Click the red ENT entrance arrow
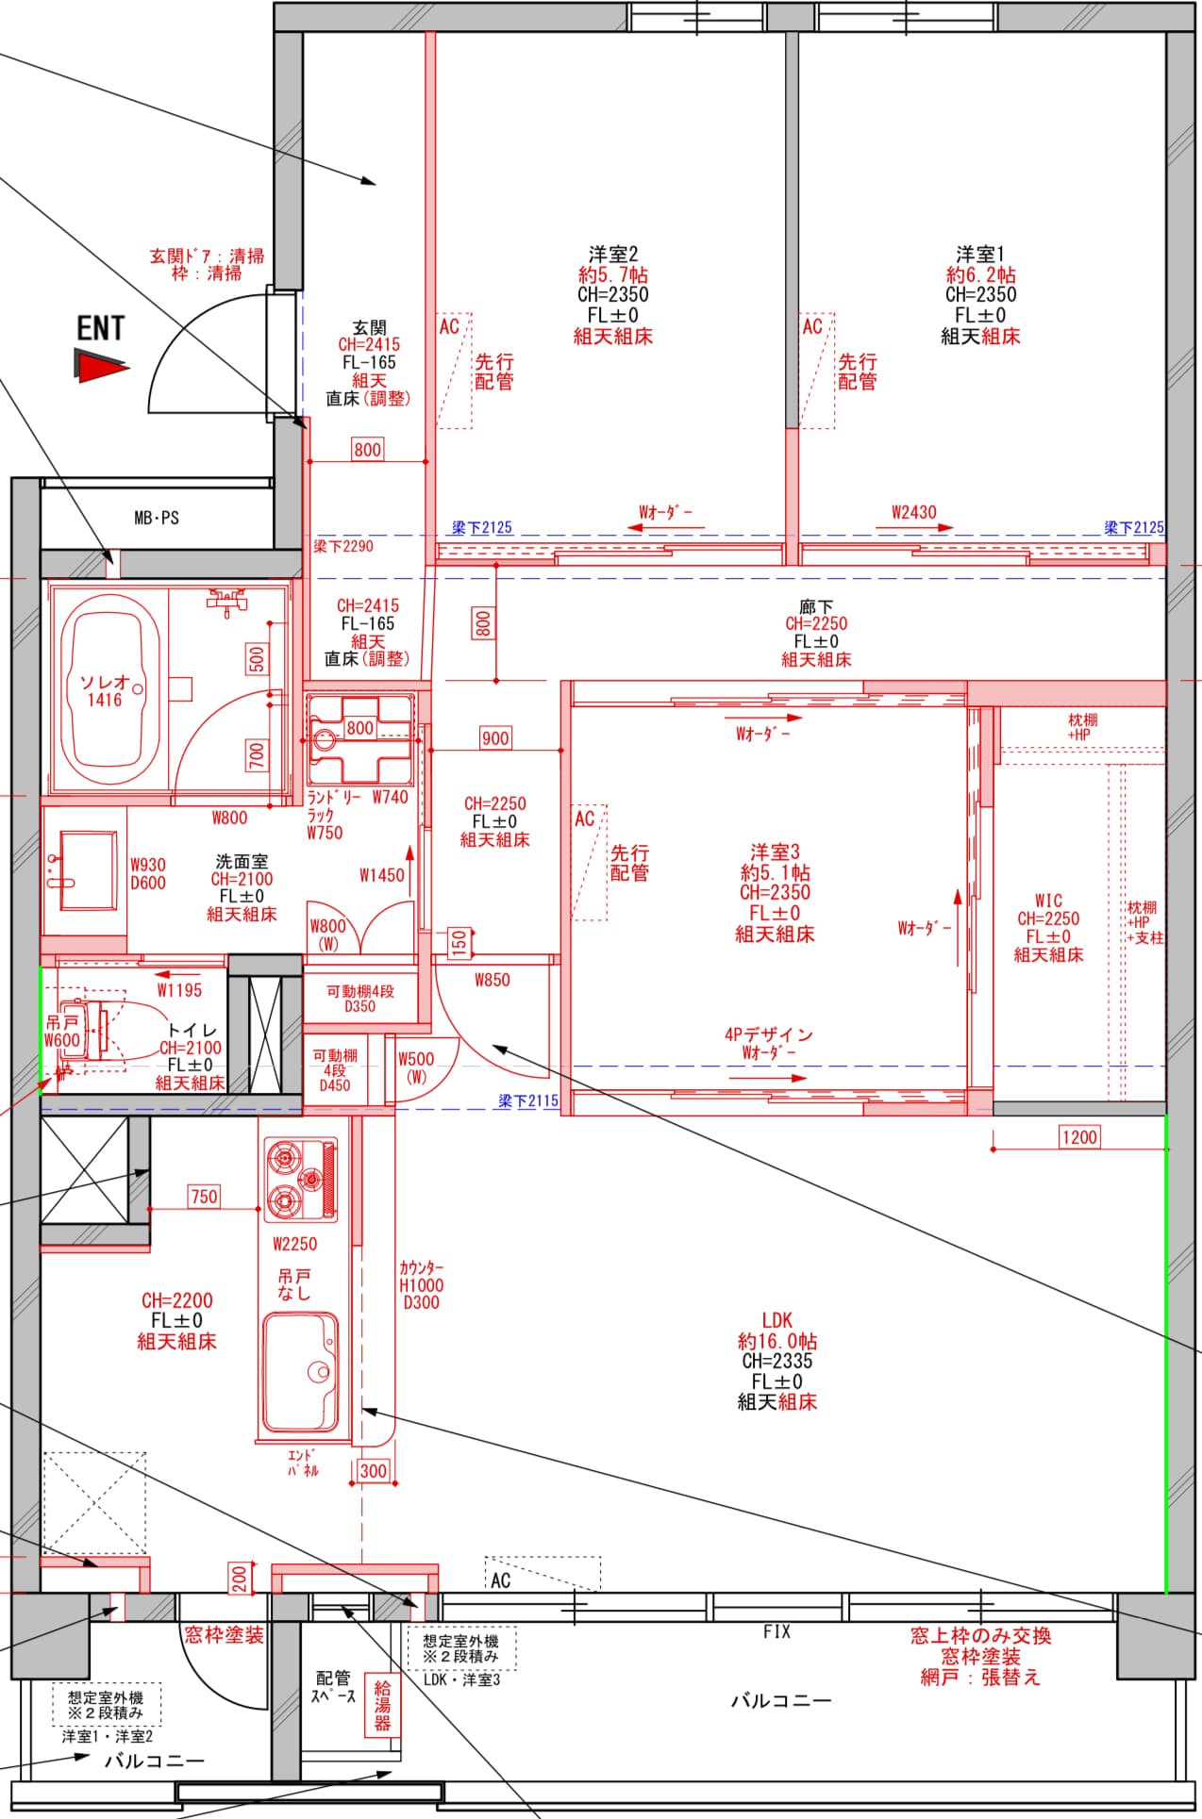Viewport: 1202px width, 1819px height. point(99,366)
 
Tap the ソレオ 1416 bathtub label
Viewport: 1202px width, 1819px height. point(105,690)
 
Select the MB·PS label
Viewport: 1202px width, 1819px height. point(157,518)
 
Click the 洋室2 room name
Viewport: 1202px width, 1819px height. point(613,254)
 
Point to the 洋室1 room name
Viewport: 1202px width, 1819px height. point(980,254)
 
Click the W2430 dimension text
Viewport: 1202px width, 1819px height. point(914,512)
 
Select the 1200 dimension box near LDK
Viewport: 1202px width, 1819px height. point(1079,1136)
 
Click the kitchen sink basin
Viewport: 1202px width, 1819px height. point(301,1371)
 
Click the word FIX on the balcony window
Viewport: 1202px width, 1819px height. point(776,1631)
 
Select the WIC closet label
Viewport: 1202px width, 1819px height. point(1048,901)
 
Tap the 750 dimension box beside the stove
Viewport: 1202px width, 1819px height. point(204,1196)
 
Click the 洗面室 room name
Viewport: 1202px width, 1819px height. point(242,861)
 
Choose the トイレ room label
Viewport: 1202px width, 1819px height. point(192,1031)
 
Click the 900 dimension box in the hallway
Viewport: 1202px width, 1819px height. point(495,738)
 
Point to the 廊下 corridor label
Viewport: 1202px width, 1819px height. point(816,606)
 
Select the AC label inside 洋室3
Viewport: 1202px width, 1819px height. point(585,819)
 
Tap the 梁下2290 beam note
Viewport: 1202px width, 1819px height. point(343,546)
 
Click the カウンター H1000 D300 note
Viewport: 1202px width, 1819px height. point(421,1284)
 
